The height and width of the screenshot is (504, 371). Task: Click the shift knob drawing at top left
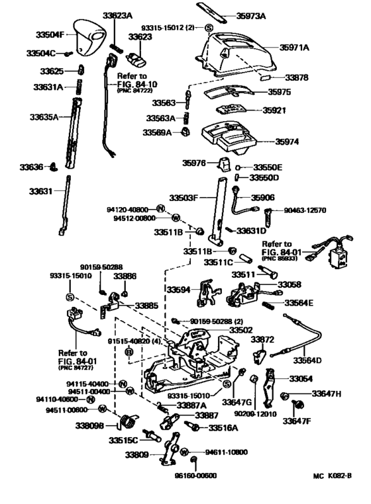pyautogui.click(x=87, y=36)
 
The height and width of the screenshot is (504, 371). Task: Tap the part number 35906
pyautogui.click(x=282, y=197)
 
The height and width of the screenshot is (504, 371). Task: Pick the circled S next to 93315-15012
pyautogui.click(x=209, y=28)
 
